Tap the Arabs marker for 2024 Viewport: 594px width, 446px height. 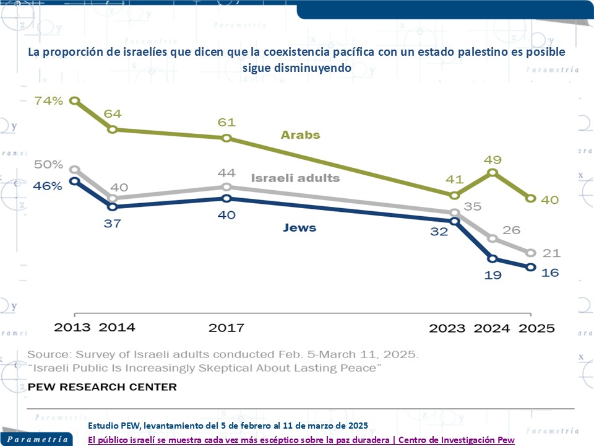(493, 173)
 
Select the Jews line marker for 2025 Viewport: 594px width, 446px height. (530, 267)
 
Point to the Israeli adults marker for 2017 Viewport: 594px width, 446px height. (226, 187)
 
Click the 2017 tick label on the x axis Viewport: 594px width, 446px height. (226, 328)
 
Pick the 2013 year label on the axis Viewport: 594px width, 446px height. (73, 328)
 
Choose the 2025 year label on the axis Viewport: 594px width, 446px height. (536, 328)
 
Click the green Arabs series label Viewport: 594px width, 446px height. (300, 134)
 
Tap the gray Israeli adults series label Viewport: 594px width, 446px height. (295, 178)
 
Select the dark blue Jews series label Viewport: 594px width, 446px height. (299, 228)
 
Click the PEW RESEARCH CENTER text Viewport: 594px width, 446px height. (102, 387)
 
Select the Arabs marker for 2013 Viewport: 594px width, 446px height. (74, 101)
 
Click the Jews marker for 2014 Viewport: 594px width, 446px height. (113, 206)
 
